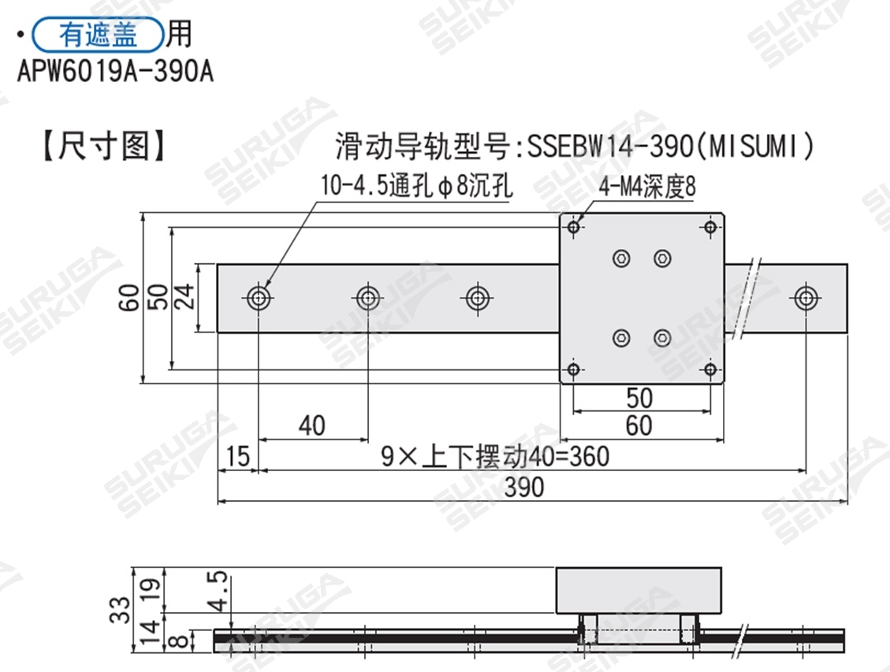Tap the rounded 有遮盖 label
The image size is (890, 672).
pyautogui.click(x=98, y=35)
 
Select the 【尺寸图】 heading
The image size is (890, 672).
pyautogui.click(x=103, y=147)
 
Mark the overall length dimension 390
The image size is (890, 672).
pyautogui.click(x=524, y=488)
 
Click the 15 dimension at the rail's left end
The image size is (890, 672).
pyautogui.click(x=237, y=456)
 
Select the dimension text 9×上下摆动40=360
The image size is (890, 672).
pyautogui.click(x=495, y=456)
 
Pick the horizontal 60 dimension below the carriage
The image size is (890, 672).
pyautogui.click(x=639, y=425)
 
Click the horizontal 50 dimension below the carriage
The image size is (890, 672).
pyautogui.click(x=639, y=397)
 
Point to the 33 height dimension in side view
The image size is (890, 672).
pyautogui.click(x=120, y=610)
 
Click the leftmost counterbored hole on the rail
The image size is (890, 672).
pyautogui.click(x=259, y=298)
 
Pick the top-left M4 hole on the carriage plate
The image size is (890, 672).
pyautogui.click(x=574, y=228)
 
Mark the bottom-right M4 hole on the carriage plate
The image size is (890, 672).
pyautogui.click(x=710, y=369)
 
